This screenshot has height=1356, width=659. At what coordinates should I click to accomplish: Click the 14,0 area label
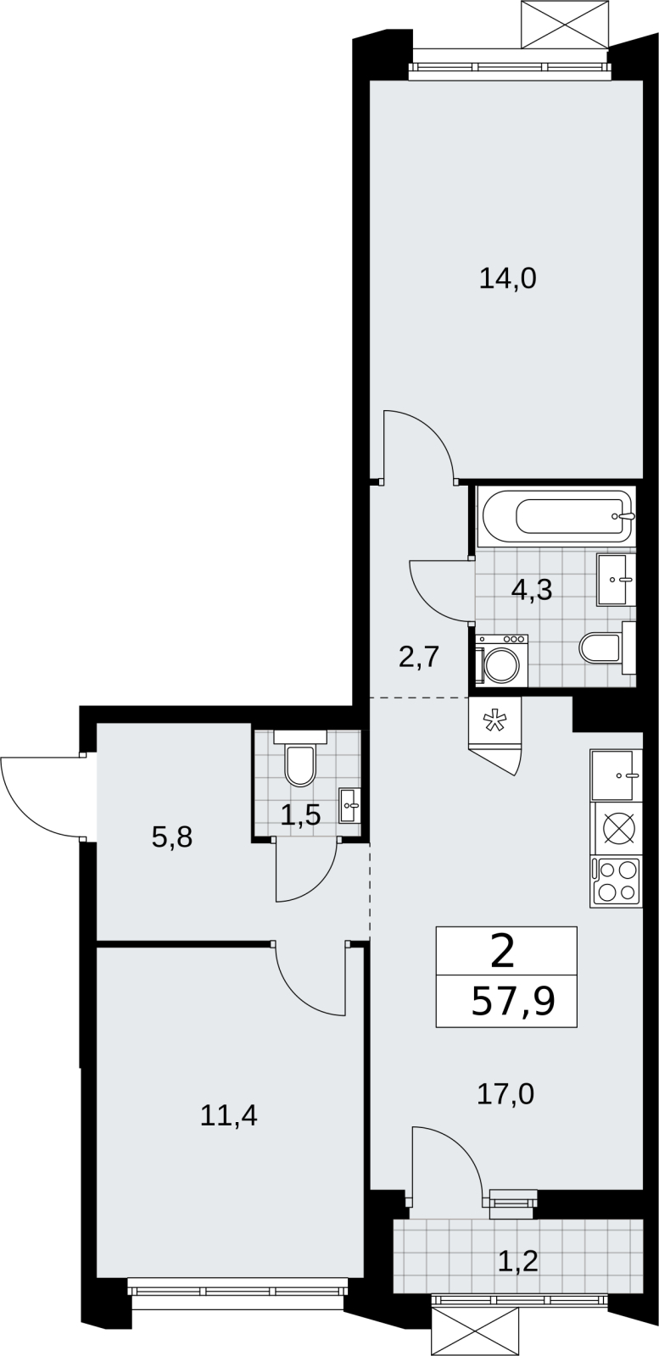(x=507, y=280)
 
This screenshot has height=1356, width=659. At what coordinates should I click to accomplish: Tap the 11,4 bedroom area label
(x=229, y=1115)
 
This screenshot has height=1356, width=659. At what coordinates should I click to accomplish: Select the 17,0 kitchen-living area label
(x=505, y=1094)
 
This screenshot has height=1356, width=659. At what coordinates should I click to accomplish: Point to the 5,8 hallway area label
(x=173, y=838)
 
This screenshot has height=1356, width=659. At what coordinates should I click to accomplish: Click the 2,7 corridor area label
(x=418, y=657)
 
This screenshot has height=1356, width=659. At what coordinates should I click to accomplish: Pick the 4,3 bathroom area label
(x=532, y=590)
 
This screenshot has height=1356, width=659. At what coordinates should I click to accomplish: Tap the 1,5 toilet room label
(x=300, y=816)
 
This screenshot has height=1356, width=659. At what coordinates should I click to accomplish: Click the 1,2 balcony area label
(x=519, y=1262)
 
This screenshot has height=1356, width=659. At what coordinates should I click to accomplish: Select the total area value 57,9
(x=513, y=1003)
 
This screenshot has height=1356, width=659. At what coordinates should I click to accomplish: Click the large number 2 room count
(x=503, y=952)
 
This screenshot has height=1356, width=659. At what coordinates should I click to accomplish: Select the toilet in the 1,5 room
(x=300, y=759)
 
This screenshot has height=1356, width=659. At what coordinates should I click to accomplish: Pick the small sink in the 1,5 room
(x=349, y=805)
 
